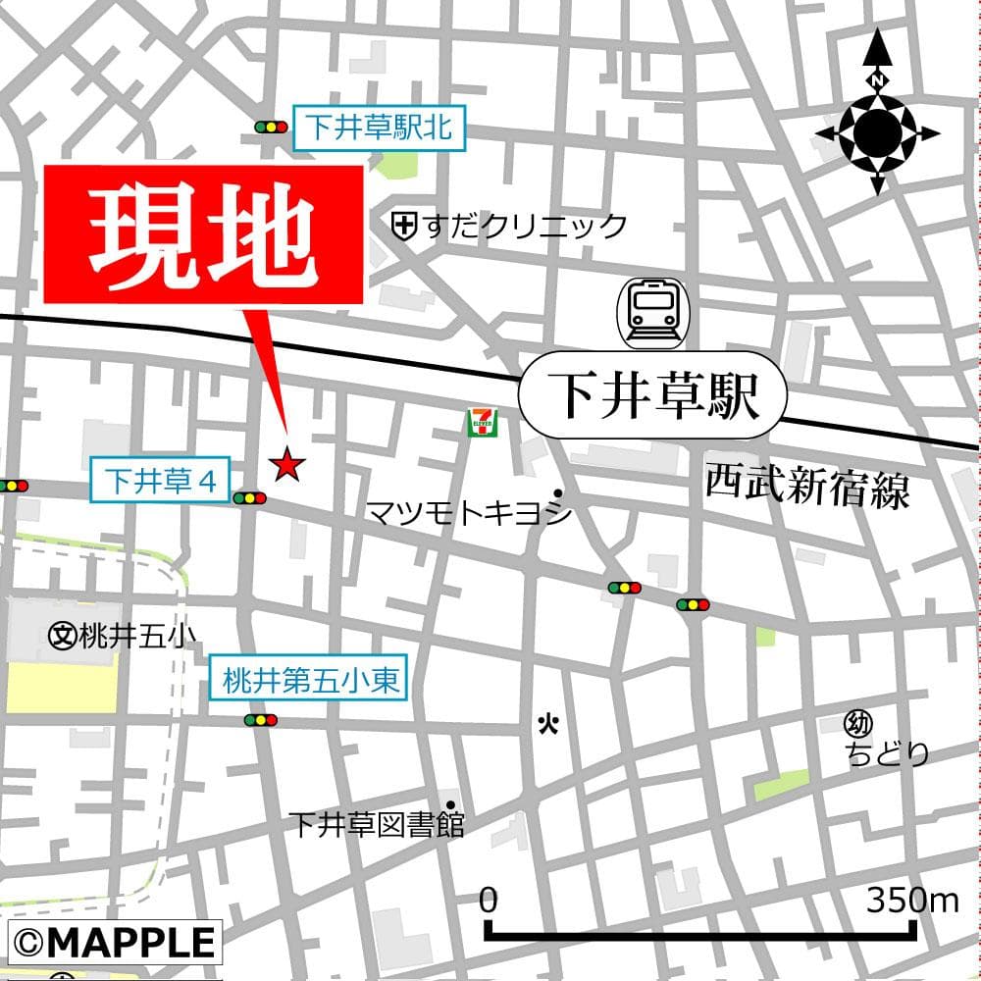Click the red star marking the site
pyautogui.click(x=286, y=464)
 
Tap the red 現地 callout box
pyautogui.click(x=204, y=234)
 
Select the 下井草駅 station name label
pyautogui.click(x=652, y=394)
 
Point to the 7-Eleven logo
pyautogui.click(x=482, y=422)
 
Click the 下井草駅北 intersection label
pyautogui.click(x=382, y=128)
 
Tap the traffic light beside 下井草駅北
pyautogui.click(x=271, y=128)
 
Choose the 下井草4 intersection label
pyautogui.click(x=160, y=482)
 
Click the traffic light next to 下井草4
pyautogui.click(x=250, y=498)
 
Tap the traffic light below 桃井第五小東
pyautogui.click(x=261, y=720)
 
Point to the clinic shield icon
pyautogui.click(x=402, y=227)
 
